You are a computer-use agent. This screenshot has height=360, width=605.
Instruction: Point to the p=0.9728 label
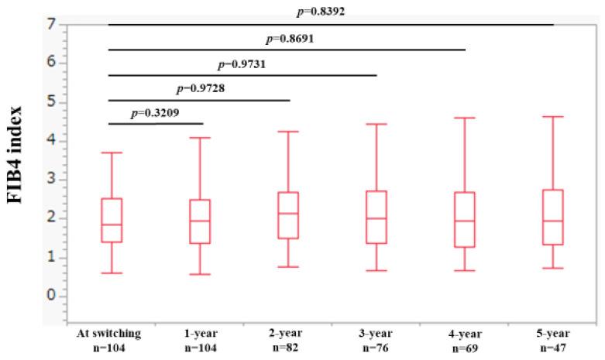point(201,87)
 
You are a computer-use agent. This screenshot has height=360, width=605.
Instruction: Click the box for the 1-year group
point(199,221)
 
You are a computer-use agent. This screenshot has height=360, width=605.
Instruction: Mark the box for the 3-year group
point(376,217)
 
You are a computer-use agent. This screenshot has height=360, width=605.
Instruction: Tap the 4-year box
point(464,219)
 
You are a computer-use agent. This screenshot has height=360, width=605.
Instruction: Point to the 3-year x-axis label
point(376,334)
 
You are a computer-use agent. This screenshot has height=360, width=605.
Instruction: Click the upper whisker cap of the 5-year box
point(552,117)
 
